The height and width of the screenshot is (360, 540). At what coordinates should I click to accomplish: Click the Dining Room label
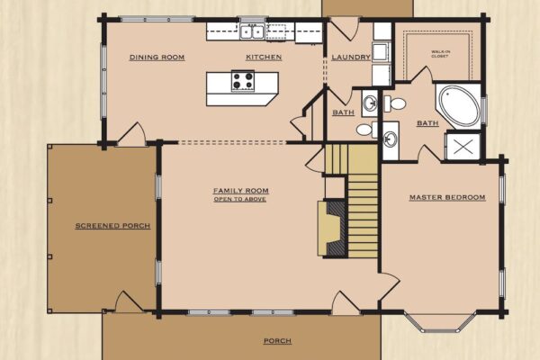click(157, 58)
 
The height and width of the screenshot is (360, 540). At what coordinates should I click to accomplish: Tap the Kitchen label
click(264, 58)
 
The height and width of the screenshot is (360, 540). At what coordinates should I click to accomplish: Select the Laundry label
click(351, 58)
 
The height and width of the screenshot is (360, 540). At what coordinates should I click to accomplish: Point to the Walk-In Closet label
click(440, 54)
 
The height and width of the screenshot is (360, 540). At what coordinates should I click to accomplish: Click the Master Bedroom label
click(447, 197)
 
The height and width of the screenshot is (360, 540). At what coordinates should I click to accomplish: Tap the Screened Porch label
click(113, 226)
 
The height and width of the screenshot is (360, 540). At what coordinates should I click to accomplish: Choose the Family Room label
click(240, 191)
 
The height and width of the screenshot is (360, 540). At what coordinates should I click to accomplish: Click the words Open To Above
click(239, 200)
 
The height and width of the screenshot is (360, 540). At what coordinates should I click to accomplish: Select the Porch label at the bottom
click(277, 341)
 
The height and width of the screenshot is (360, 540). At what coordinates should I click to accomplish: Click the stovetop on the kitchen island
click(243, 81)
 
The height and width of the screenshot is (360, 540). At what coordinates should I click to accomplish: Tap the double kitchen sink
click(252, 32)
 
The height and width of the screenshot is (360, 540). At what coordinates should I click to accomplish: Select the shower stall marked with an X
click(463, 147)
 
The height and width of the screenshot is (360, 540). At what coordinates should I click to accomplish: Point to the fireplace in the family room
click(331, 229)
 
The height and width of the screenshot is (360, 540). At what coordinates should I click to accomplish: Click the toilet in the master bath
click(395, 103)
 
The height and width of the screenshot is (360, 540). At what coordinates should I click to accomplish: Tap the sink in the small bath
click(370, 103)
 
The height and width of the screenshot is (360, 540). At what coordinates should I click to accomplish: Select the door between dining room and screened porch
click(132, 135)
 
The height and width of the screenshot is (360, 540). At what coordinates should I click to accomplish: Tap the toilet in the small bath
click(364, 130)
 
